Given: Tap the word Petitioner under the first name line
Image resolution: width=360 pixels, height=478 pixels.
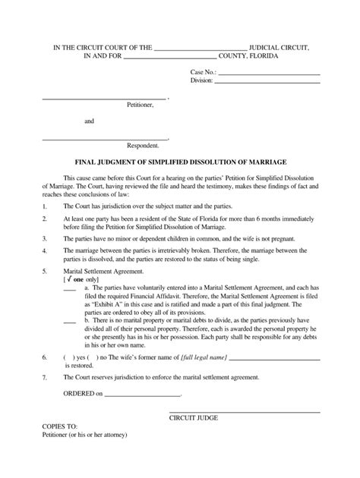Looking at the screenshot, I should click(x=140, y=105).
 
